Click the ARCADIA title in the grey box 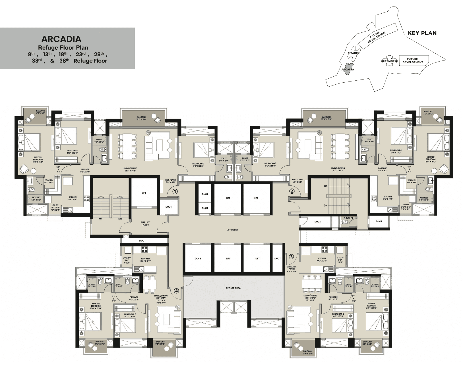click(x=61, y=39)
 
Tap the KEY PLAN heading click(x=422, y=33)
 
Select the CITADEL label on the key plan click(x=354, y=53)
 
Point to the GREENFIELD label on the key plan click(x=389, y=61)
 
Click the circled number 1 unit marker click(x=175, y=191)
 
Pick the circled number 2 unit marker click(x=292, y=191)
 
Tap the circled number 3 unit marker click(x=291, y=257)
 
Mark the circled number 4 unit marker click(x=177, y=291)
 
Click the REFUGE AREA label click(x=233, y=288)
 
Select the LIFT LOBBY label click(x=232, y=229)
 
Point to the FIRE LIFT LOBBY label click(x=145, y=224)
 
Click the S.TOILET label click(x=348, y=218)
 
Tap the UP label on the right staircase click(x=326, y=186)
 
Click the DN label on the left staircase click(x=120, y=219)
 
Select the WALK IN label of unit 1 click(x=49, y=181)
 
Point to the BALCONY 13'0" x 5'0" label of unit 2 click(x=326, y=118)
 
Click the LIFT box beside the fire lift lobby click(x=144, y=193)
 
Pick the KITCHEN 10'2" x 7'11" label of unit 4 click(x=145, y=260)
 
